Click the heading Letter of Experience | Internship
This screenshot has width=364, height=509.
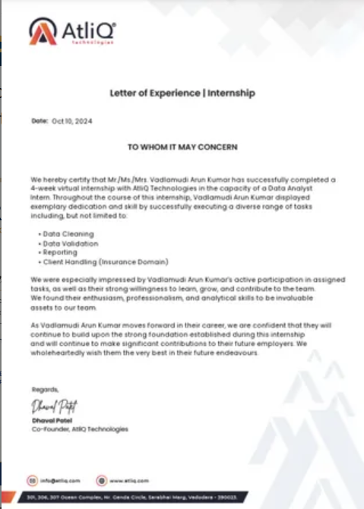click(x=182, y=93)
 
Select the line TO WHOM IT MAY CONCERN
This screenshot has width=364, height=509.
click(x=182, y=146)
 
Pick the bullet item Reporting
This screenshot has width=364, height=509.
click(x=61, y=252)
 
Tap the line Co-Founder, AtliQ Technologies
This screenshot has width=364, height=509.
click(x=80, y=429)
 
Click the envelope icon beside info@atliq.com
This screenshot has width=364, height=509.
click(x=33, y=480)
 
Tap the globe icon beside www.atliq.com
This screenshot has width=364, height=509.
click(x=100, y=480)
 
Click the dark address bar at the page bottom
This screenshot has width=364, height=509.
click(x=182, y=495)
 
